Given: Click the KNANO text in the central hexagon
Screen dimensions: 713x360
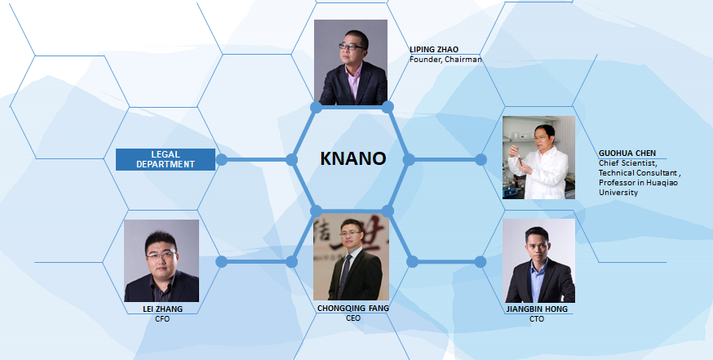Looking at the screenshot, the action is click(353, 158).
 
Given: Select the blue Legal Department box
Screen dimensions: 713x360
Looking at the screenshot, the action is click(166, 159).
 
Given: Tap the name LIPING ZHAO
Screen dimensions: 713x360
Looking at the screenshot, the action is click(434, 50).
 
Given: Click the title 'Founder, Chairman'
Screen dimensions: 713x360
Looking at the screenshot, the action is click(445, 60).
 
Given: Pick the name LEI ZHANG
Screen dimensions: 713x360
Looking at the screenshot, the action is click(162, 309).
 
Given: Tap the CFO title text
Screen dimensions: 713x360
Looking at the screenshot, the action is click(162, 319).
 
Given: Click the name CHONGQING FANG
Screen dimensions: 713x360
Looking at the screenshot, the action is click(353, 308).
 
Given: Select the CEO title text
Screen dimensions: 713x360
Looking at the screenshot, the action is click(353, 318).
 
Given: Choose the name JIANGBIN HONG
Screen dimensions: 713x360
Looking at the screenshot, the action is click(537, 309).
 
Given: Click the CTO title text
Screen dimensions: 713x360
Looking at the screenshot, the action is click(537, 319).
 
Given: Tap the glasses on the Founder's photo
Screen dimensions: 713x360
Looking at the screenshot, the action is click(352, 47).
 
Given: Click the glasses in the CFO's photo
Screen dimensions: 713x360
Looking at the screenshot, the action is click(161, 256).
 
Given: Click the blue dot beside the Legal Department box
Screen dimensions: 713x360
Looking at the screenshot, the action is click(221, 160).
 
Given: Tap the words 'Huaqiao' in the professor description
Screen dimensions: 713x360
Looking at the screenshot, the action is click(663, 183).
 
